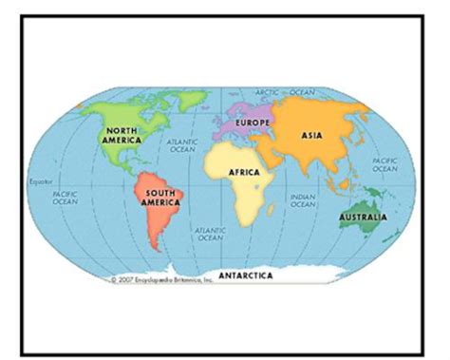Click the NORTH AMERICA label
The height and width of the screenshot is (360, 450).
point(123,135)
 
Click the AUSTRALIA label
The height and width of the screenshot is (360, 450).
point(363,218)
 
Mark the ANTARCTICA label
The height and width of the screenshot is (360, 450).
point(245,275)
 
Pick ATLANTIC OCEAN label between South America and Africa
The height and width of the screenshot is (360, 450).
point(209,233)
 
